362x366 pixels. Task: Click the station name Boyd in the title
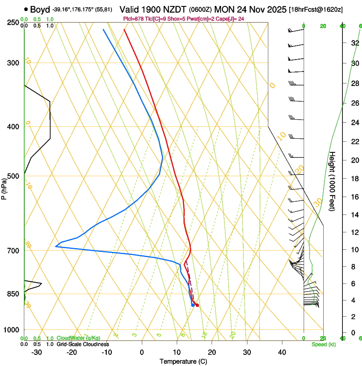click(40, 9)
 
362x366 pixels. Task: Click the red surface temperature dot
click(197, 305)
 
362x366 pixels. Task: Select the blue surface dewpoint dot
click(193, 305)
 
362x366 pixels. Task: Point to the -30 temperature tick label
click(37, 352)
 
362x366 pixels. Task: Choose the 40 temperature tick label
click(282, 352)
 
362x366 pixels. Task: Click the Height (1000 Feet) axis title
click(333, 181)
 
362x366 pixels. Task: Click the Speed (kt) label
click(324, 344)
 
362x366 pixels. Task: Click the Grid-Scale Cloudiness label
click(83, 344)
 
